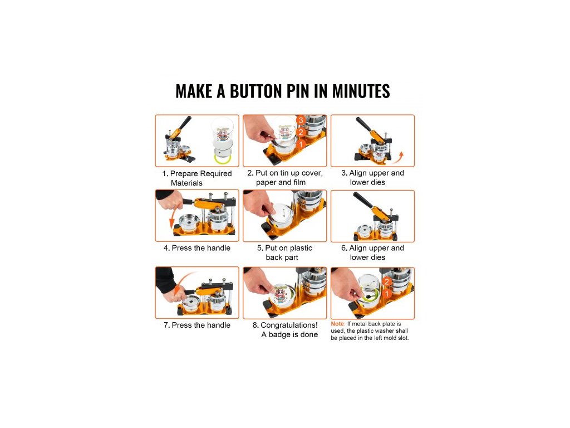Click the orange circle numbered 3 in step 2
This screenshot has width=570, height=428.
(x=301, y=120)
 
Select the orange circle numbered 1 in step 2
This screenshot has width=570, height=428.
(x=301, y=144)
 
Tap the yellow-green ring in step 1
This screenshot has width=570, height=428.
(x=222, y=159)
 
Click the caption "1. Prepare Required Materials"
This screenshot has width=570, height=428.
(x=197, y=178)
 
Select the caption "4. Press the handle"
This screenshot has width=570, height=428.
(x=197, y=248)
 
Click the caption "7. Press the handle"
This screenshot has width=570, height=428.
(x=197, y=325)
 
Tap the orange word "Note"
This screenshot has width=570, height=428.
(x=337, y=324)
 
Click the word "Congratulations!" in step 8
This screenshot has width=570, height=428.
(x=289, y=325)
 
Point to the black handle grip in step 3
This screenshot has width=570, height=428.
(x=363, y=124)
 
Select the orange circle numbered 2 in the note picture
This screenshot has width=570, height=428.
(x=387, y=281)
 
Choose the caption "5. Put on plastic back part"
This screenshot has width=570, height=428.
(x=284, y=252)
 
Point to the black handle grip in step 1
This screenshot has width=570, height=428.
(x=185, y=123)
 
